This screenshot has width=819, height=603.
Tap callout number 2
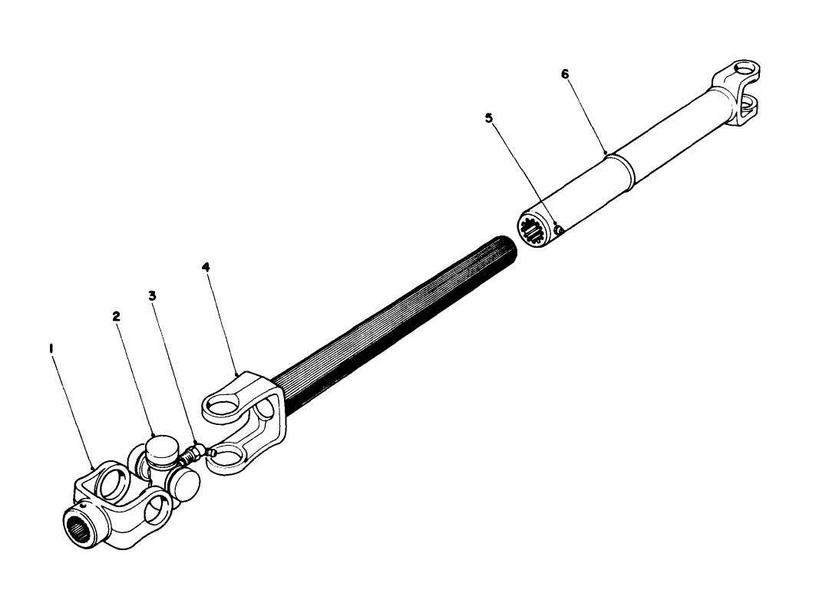tap(117, 315)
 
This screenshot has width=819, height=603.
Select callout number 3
tap(153, 295)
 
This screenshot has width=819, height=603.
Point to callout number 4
tap(206, 267)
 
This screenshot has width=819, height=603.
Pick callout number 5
tap(488, 118)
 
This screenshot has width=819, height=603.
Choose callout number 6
tap(565, 74)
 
